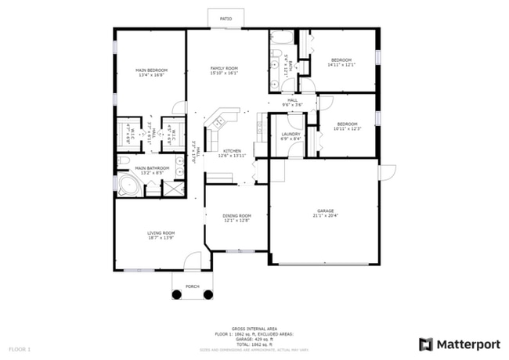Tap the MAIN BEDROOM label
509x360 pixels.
pos(152,70)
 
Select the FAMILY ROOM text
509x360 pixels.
pos(224,68)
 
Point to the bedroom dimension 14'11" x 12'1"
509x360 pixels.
pos(342,65)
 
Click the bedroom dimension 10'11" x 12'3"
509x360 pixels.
pos(347,128)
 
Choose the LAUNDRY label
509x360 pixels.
pos(291,134)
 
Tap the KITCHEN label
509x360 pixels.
pos(232,150)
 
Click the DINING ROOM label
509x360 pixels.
pos(236,215)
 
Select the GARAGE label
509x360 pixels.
pos(325,210)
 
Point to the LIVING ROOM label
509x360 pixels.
pos(161,232)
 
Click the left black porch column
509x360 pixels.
pos(176,294)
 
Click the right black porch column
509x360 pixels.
pos(208,294)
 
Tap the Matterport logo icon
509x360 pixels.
pos(426,344)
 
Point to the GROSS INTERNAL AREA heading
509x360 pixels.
pos(254,329)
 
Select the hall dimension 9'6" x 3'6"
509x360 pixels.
pos(292,104)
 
